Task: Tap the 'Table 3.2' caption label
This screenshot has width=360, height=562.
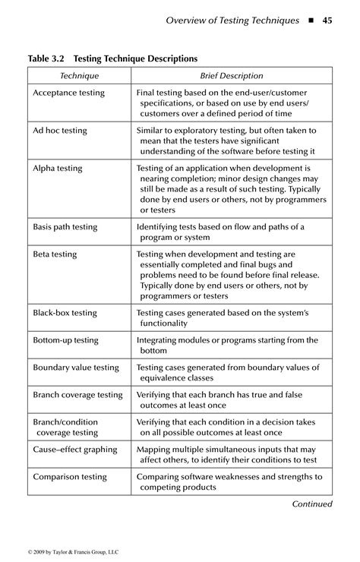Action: pyautogui.click(x=49, y=58)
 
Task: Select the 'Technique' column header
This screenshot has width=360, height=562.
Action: pyautogui.click(x=79, y=76)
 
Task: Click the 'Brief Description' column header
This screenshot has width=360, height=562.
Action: pyautogui.click(x=232, y=76)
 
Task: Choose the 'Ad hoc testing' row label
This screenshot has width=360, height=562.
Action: pyautogui.click(x=60, y=131)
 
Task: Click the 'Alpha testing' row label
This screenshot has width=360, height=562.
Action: pyautogui.click(x=58, y=168)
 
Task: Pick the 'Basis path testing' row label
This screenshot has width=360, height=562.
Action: pyautogui.click(x=65, y=226)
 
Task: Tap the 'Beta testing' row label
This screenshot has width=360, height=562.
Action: pyautogui.click(x=55, y=254)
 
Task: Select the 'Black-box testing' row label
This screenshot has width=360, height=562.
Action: pyautogui.click(x=65, y=312)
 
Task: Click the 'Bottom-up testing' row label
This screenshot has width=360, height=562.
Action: pyautogui.click(x=66, y=340)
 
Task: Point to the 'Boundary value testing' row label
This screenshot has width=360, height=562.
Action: pyautogui.click(x=76, y=368)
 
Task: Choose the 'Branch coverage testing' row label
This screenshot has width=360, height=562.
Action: pyautogui.click(x=77, y=395)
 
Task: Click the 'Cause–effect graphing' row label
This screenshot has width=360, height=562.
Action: pyautogui.click(x=75, y=450)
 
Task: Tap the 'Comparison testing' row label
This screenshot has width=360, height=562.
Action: pyautogui.click(x=70, y=477)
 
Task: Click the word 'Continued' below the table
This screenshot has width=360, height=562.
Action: pyautogui.click(x=312, y=504)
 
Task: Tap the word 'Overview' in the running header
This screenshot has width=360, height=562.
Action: pyautogui.click(x=187, y=21)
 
